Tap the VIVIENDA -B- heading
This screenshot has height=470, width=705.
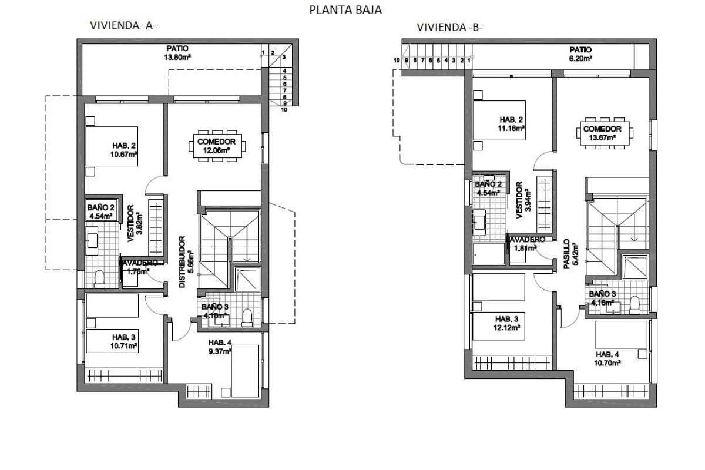[x=449, y=27]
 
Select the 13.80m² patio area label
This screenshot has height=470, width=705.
[x=179, y=53]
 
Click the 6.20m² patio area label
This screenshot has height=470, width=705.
[x=580, y=53]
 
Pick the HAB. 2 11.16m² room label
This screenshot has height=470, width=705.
[x=509, y=125]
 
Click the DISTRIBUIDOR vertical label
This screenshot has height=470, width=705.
[x=183, y=262]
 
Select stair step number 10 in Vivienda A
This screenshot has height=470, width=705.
[x=284, y=109]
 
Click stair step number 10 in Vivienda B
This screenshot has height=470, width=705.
[x=397, y=61]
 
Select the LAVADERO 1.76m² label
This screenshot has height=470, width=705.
[x=139, y=267]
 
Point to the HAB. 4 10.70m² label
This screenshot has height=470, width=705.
[x=609, y=359]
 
